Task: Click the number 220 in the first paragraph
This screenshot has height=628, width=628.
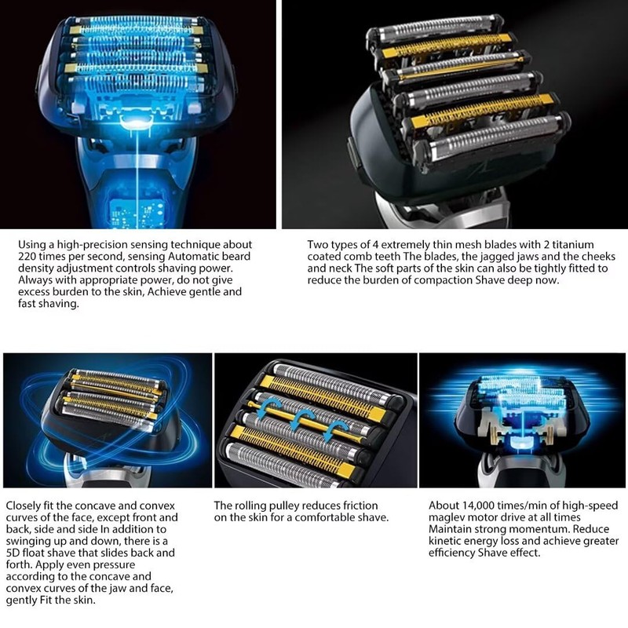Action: tap(28, 256)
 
